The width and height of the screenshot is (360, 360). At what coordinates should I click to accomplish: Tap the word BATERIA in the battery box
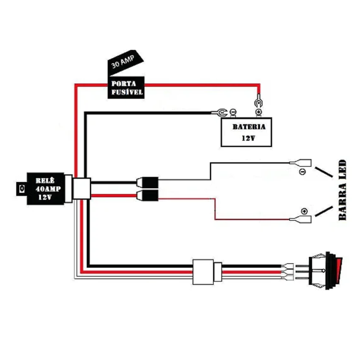coord(249,127)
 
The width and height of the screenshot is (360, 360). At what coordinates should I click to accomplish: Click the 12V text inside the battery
coord(248,138)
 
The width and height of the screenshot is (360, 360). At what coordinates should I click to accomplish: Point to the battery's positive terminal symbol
coord(258,112)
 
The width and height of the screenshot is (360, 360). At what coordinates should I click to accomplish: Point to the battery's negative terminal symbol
coord(233,112)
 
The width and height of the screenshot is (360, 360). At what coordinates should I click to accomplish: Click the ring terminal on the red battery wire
coord(258,102)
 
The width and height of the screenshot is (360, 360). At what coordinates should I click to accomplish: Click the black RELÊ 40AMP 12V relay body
coord(46,189)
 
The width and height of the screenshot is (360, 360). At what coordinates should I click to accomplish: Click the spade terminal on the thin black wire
coord(301,163)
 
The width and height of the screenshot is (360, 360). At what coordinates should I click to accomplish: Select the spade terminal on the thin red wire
coord(301,220)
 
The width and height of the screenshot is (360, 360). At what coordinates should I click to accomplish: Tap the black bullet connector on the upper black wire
coord(148,182)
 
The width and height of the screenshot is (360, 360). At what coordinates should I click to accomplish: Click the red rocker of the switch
coord(338,271)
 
